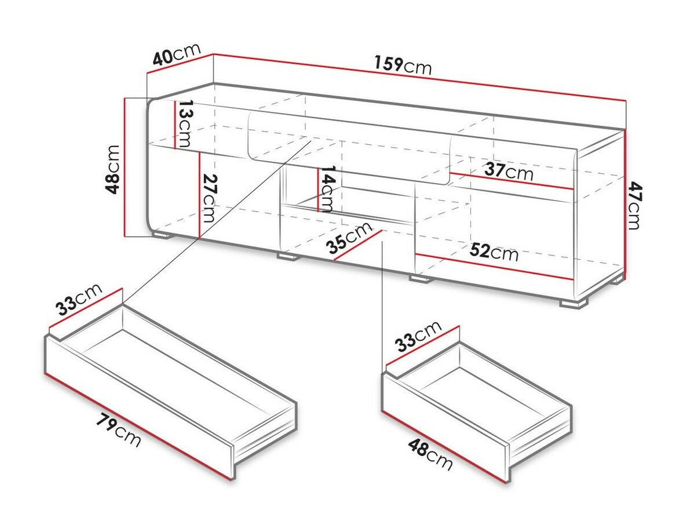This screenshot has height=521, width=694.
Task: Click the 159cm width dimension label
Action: (x=403, y=65)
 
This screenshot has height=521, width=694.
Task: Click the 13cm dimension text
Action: (x=186, y=123)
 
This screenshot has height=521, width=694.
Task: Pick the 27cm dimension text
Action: (x=210, y=198)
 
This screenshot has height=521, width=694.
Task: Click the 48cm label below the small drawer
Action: (x=430, y=454)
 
